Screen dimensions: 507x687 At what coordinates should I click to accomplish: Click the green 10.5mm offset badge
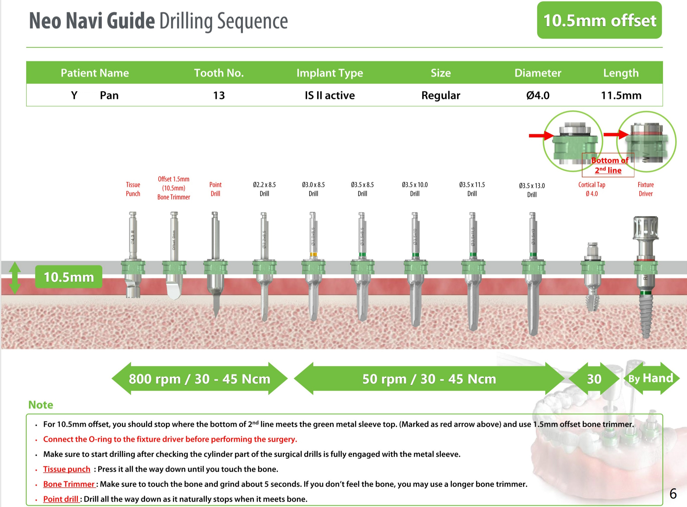pos(599,20)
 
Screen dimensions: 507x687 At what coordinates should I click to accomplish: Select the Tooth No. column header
pos(219,73)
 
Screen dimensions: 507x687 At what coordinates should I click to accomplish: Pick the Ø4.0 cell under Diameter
pos(538,96)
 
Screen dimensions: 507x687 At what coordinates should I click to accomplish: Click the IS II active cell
pos(330,96)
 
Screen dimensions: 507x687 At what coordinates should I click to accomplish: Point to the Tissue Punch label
pos(133,189)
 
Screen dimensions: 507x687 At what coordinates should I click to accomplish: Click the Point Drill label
pos(215,189)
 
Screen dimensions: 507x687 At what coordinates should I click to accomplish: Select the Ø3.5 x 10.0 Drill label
pos(415,189)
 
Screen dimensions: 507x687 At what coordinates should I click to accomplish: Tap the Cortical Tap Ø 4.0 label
pos(592,189)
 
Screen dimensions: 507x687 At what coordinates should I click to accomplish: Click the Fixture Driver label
pos(646,189)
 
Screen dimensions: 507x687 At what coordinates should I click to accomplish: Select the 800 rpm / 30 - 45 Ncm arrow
pos(199,379)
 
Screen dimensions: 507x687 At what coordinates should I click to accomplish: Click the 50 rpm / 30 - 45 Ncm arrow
pos(429,379)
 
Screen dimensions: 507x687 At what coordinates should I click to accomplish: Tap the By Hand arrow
pos(651,379)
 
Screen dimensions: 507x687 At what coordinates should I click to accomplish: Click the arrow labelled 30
pos(594,379)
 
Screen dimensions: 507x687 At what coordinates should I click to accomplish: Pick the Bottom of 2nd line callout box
pos(608,165)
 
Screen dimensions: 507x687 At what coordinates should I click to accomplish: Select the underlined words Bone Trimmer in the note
pos(69,484)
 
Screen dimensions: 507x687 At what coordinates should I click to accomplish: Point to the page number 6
pos(673,494)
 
